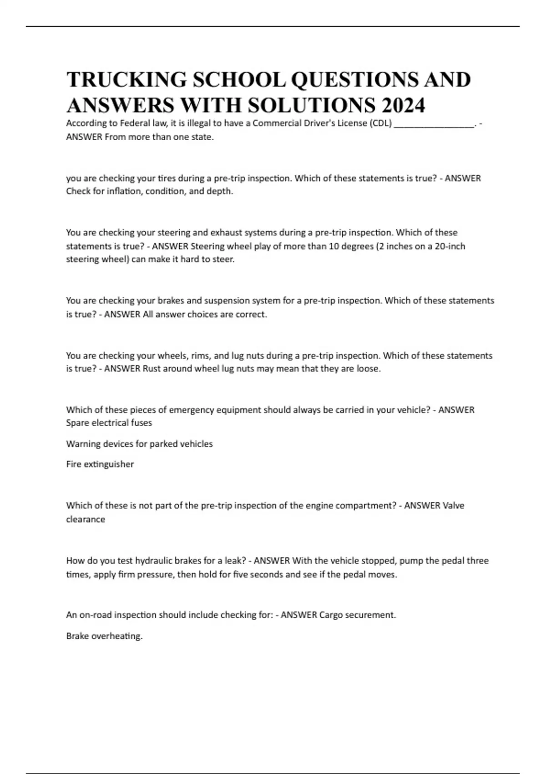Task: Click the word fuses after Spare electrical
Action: (141, 423)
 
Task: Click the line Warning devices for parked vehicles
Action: (139, 443)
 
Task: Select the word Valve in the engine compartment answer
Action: (453, 505)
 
